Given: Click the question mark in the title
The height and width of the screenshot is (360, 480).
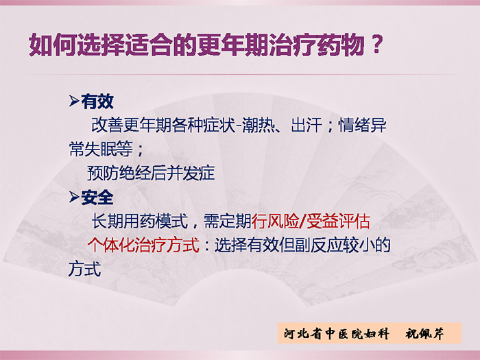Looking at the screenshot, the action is point(377,45).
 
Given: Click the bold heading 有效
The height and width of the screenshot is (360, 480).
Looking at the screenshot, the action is point(97,101).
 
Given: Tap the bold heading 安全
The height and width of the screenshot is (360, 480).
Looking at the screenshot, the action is point(97,197).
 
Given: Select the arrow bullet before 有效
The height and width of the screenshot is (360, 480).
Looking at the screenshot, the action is point(74,101).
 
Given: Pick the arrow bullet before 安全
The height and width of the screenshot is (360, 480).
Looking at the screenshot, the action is point(74,197).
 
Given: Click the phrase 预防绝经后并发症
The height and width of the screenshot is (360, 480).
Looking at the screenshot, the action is point(151,173).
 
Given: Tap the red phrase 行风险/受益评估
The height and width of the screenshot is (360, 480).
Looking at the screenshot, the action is point(311,221).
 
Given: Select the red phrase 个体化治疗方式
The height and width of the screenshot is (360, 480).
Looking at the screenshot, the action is point(143,245).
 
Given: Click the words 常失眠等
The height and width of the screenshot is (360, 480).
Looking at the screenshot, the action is point(101,149).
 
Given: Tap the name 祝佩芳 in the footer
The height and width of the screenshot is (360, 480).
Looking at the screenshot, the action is point(424,333).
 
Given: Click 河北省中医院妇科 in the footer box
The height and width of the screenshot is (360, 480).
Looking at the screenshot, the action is point(337,333).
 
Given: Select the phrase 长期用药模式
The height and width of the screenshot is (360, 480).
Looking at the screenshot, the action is point(140,221).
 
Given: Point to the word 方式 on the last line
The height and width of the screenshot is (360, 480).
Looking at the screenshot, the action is point(85,269).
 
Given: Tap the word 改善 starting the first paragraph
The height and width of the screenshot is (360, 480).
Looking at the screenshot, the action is point(107,125).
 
